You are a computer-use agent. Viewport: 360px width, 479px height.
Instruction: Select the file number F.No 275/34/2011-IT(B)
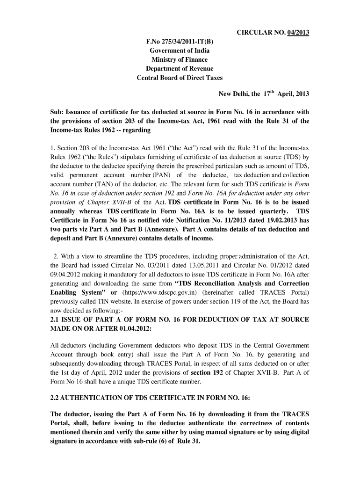pos(180,41)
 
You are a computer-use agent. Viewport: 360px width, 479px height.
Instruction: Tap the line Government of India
pos(180,51)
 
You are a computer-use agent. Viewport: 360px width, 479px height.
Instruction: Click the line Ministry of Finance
pos(180,59)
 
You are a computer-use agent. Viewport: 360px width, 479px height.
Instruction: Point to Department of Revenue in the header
pos(180,69)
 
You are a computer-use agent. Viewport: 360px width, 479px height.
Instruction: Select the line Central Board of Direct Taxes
pos(180,78)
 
